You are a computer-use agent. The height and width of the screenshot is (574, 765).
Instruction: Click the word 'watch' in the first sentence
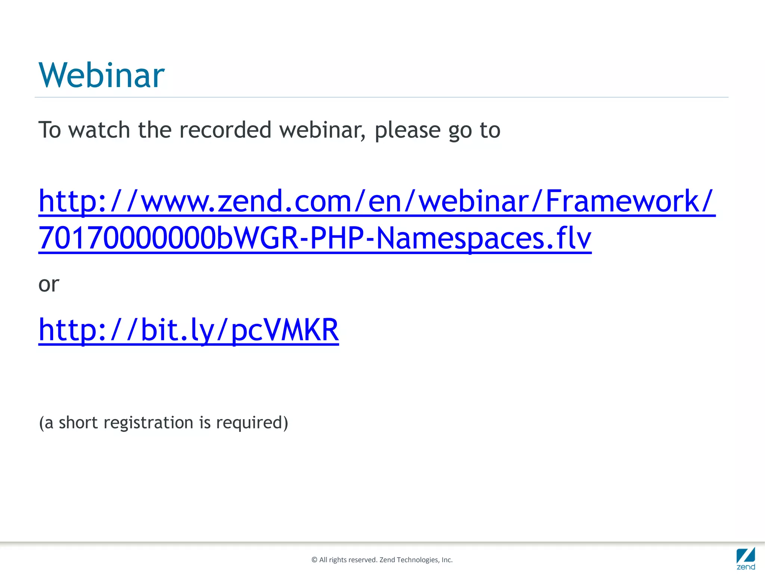99,130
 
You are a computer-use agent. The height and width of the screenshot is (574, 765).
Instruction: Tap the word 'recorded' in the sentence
225,130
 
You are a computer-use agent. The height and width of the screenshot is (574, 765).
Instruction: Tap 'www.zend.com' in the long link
247,201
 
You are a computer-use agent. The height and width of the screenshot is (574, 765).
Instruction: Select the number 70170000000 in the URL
127,238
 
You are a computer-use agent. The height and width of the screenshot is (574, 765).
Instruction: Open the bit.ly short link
189,330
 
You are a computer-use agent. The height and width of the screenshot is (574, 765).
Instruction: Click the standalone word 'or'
49,284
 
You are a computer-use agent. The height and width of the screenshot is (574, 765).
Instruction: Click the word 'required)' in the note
252,423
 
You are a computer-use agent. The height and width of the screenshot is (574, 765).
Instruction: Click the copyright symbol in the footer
315,560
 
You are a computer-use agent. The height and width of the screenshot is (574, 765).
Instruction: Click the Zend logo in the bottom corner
746,558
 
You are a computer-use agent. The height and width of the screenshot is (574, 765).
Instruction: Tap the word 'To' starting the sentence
50,130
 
